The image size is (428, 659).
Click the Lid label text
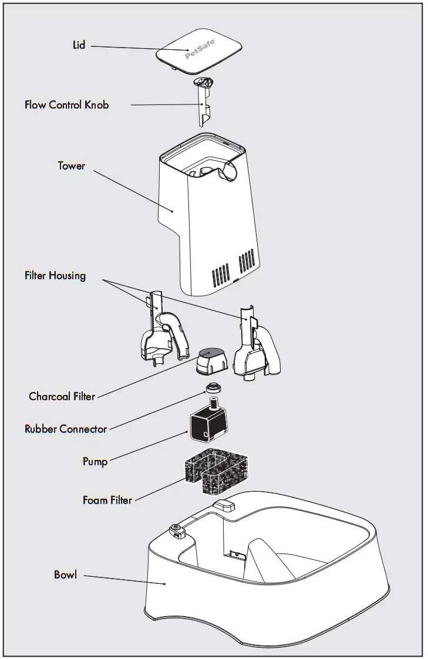point(78,45)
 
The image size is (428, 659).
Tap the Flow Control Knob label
point(66,105)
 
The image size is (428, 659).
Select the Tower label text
point(71,166)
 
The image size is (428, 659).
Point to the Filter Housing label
point(55,275)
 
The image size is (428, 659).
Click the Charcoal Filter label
point(62,397)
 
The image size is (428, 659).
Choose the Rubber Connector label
point(66,429)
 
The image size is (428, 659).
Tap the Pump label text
point(95,461)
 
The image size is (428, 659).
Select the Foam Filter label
point(107,501)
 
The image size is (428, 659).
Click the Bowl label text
point(65,574)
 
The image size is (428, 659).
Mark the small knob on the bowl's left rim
point(176,531)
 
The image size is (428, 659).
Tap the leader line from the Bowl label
point(123,579)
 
